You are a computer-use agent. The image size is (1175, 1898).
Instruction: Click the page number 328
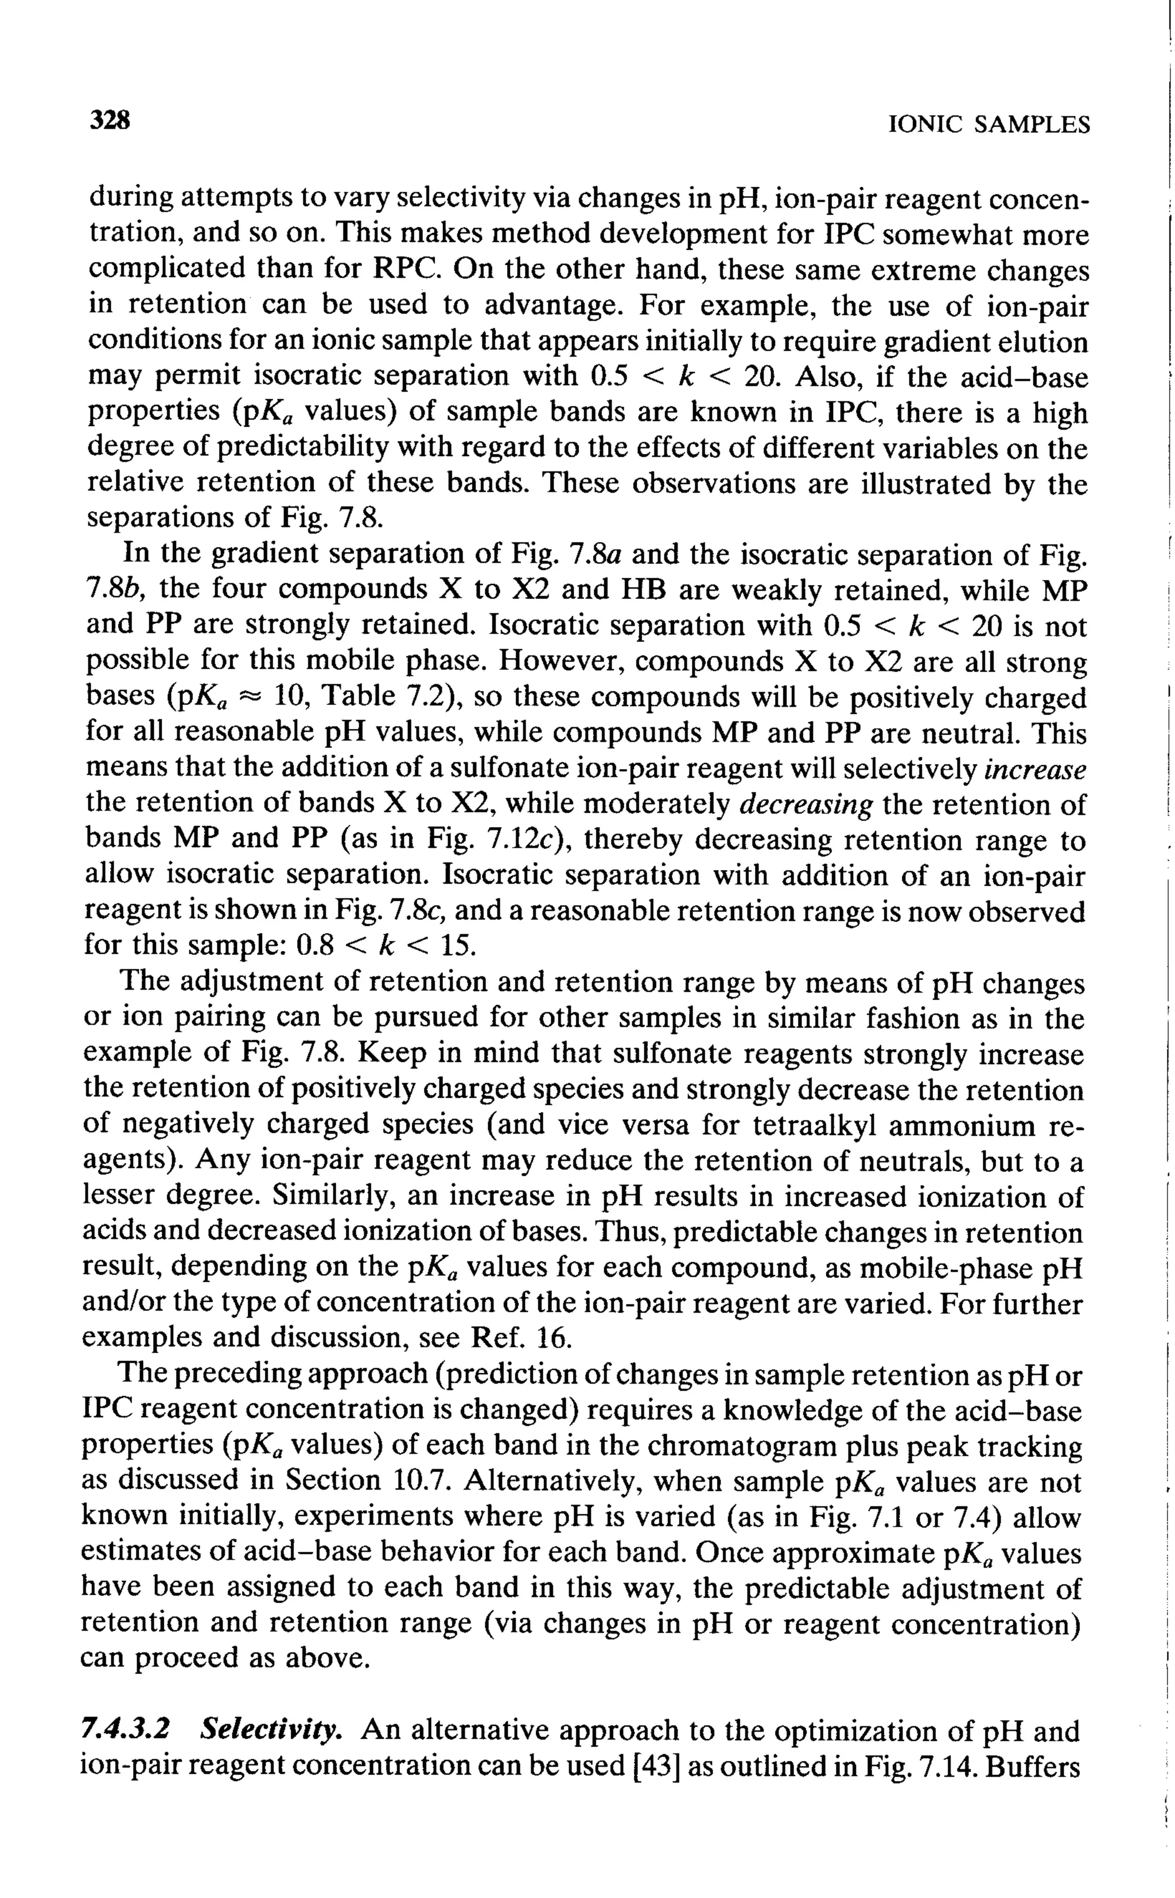click(109, 121)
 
